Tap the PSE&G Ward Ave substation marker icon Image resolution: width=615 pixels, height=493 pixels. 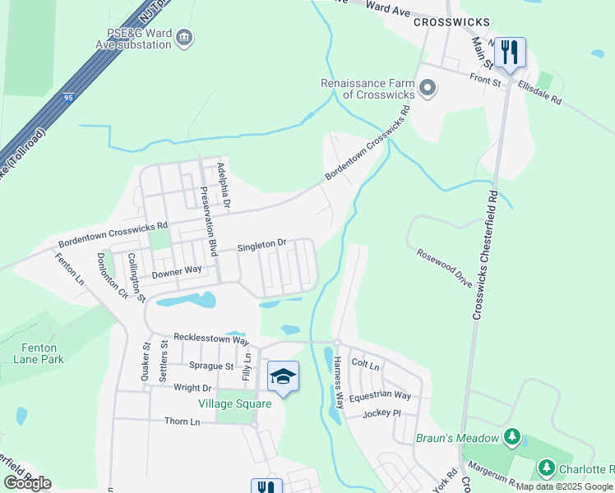(185, 38)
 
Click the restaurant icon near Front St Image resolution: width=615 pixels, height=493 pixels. (510, 53)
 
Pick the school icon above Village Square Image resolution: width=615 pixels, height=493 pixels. (283, 376)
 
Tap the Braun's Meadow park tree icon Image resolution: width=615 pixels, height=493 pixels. (513, 434)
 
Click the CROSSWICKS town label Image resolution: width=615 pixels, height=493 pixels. (451, 22)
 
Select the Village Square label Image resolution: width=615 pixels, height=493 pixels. (234, 403)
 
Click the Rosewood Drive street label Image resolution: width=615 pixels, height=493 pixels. (444, 268)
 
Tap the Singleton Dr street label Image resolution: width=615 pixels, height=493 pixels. (261, 244)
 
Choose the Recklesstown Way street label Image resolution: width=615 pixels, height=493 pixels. (210, 339)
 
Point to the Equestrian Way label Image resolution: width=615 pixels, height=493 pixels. (380, 395)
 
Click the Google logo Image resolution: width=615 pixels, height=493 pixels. (27, 483)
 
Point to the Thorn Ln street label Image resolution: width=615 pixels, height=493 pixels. (182, 422)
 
